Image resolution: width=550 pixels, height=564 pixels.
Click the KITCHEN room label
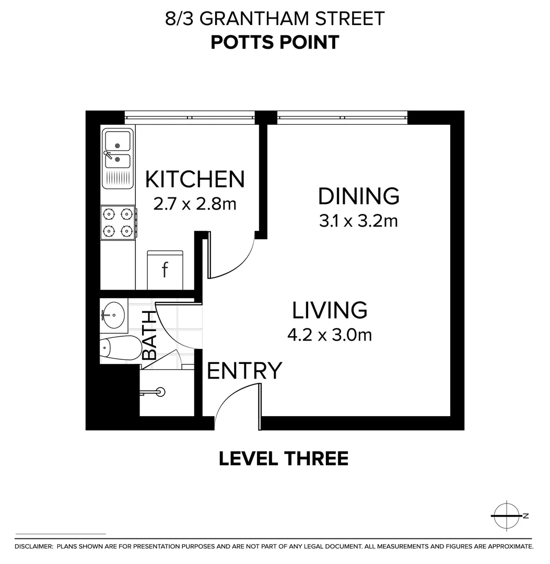click(x=195, y=179)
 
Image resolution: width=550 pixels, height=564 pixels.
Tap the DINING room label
click(x=359, y=196)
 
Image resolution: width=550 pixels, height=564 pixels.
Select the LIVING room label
click(x=330, y=310)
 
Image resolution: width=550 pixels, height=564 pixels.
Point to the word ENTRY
click(x=244, y=370)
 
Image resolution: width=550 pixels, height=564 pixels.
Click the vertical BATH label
click(x=149, y=335)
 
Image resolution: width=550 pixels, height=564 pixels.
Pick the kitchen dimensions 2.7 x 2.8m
click(x=195, y=204)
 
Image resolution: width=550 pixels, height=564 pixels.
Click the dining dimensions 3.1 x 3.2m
click(x=359, y=221)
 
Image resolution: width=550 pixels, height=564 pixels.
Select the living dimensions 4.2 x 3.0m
click(x=330, y=335)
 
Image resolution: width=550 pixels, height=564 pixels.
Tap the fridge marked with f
click(x=165, y=270)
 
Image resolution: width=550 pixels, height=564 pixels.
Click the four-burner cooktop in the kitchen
click(x=118, y=222)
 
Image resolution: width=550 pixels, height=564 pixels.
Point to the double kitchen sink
click(x=118, y=158)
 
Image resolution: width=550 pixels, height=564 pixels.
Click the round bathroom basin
click(x=114, y=315)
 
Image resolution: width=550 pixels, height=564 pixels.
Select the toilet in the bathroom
click(x=121, y=348)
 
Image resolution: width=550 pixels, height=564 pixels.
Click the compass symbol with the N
click(x=507, y=516)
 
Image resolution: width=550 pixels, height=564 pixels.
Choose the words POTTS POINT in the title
click(x=275, y=42)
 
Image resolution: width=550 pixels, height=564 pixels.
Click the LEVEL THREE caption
click(x=284, y=459)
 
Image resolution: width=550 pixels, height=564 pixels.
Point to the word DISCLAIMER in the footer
click(x=33, y=547)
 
